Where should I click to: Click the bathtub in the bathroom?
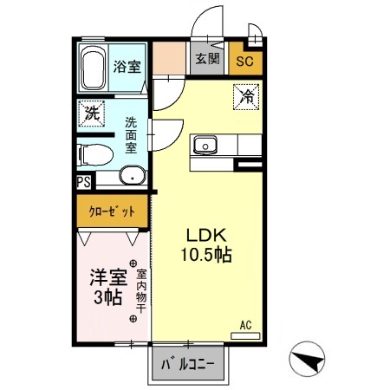click(92, 68)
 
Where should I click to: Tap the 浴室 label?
click(129, 68)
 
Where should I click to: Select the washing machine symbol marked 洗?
click(90, 111)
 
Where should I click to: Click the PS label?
click(83, 182)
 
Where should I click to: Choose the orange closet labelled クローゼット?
click(111, 211)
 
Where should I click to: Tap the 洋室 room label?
click(108, 279)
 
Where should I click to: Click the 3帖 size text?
click(108, 299)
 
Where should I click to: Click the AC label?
click(245, 324)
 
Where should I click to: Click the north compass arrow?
click(309, 357)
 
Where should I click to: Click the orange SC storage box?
click(244, 61)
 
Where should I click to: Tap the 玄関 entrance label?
click(206, 60)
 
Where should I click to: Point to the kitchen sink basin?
click(206, 144)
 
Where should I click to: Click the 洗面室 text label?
click(131, 135)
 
